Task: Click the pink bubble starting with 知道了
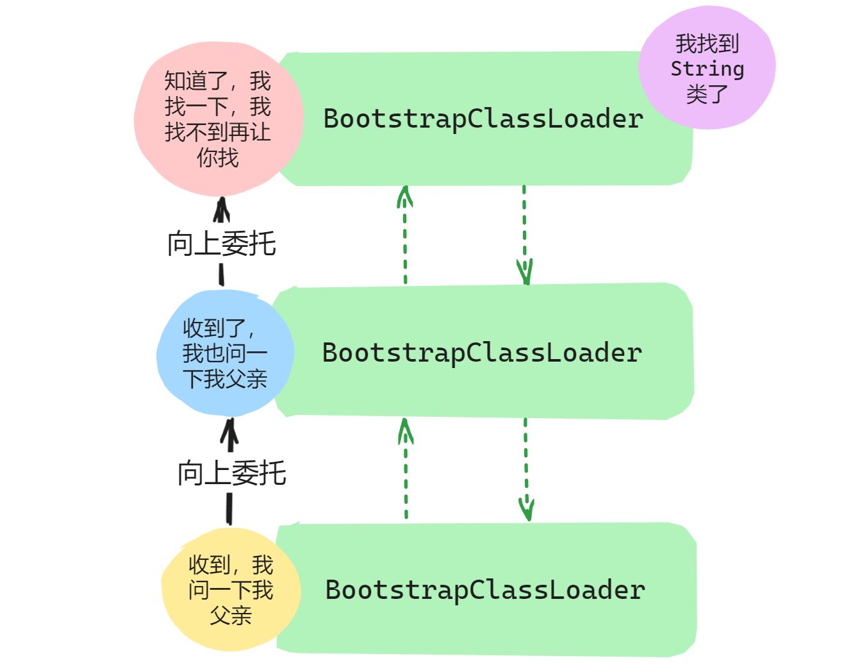pyautogui.click(x=218, y=119)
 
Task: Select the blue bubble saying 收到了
pyautogui.click(x=224, y=353)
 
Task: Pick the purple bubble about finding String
pyautogui.click(x=707, y=67)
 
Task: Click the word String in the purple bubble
pyautogui.click(x=707, y=69)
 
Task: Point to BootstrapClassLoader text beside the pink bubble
pyautogui.click(x=483, y=119)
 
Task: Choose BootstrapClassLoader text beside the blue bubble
pyautogui.click(x=482, y=353)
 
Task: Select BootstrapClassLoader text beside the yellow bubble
pyautogui.click(x=485, y=590)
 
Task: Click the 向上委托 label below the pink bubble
pyautogui.click(x=222, y=244)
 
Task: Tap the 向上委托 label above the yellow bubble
pyautogui.click(x=231, y=473)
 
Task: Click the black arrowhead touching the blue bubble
pyautogui.click(x=229, y=432)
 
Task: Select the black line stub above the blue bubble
pyautogui.click(x=222, y=275)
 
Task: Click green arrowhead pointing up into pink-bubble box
pyautogui.click(x=404, y=196)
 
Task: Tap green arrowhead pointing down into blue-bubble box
pyautogui.click(x=525, y=273)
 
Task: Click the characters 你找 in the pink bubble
pyautogui.click(x=218, y=158)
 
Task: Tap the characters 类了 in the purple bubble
pyautogui.click(x=707, y=94)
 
